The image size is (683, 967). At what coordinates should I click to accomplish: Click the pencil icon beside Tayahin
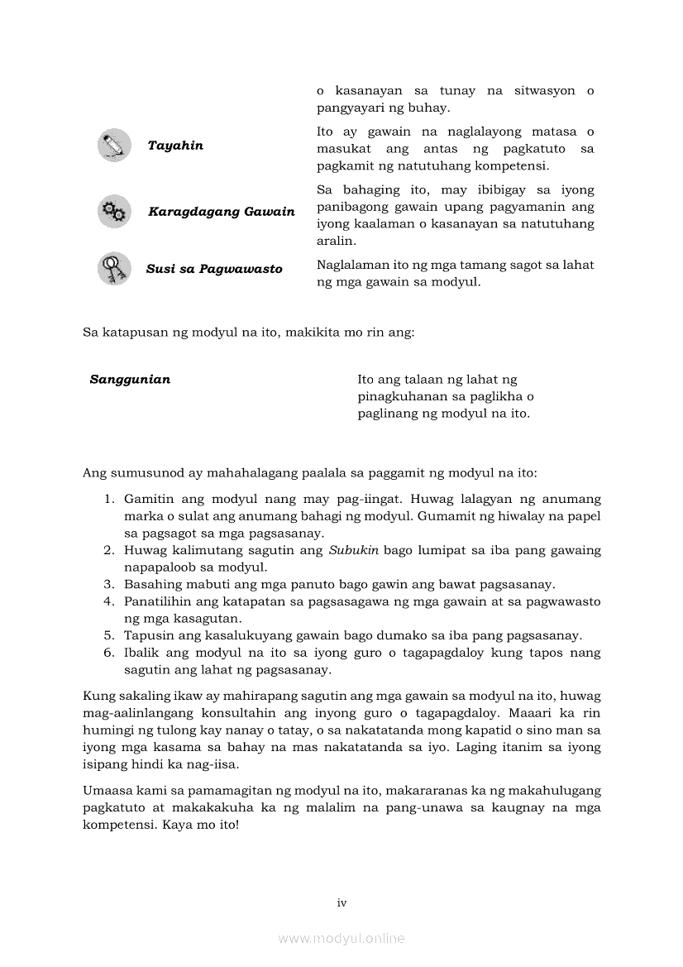pos(114,146)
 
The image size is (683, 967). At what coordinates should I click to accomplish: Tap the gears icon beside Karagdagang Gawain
pos(114,212)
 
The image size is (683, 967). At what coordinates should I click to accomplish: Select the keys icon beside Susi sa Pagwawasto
pos(113,269)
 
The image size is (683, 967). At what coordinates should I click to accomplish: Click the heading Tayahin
pos(175,146)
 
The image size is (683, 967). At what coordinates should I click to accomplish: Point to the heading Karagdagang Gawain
pos(221,212)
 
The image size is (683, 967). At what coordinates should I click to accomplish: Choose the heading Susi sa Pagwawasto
pos(214,269)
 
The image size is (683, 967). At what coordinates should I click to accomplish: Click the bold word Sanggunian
pos(130,380)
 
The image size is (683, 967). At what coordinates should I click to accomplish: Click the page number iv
pos(341,903)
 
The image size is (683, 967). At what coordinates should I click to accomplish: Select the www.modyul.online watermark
pos(341,938)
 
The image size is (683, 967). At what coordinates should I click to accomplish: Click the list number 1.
pos(107,500)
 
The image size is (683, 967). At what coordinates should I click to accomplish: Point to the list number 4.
pos(107,602)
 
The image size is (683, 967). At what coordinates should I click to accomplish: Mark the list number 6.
pos(107,653)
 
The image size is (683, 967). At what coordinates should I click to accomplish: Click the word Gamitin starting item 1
pos(148,500)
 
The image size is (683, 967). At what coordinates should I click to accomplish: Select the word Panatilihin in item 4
pos(156,602)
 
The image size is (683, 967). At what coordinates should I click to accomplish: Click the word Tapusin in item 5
pos(146,636)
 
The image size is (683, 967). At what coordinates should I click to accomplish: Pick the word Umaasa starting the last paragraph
pos(106,792)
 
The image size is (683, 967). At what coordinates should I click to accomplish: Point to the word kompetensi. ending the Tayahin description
pos(503,166)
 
